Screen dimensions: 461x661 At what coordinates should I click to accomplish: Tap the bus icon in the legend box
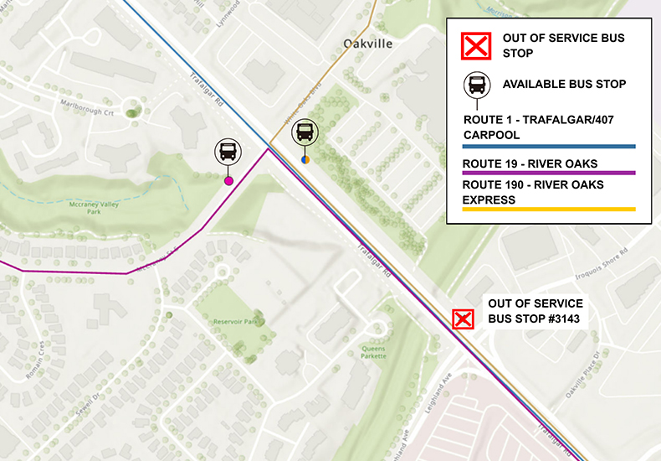click(x=476, y=85)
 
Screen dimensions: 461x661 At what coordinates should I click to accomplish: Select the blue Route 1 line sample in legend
click(x=549, y=147)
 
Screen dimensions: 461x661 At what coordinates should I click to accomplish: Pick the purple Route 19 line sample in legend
click(x=549, y=173)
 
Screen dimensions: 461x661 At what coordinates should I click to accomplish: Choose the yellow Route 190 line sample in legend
click(x=549, y=209)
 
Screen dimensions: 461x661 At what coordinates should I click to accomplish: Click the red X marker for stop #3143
click(x=463, y=319)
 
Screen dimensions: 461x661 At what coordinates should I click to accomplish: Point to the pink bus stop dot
click(x=228, y=180)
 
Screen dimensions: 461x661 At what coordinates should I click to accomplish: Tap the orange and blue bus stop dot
click(x=305, y=159)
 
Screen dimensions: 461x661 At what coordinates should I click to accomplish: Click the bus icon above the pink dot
click(x=227, y=152)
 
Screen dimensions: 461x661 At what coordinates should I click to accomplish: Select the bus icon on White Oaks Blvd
click(x=305, y=132)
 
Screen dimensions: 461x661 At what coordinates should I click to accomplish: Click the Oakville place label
click(x=368, y=44)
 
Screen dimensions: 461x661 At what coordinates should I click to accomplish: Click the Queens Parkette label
click(x=373, y=352)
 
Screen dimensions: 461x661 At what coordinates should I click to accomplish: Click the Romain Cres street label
click(x=35, y=360)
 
